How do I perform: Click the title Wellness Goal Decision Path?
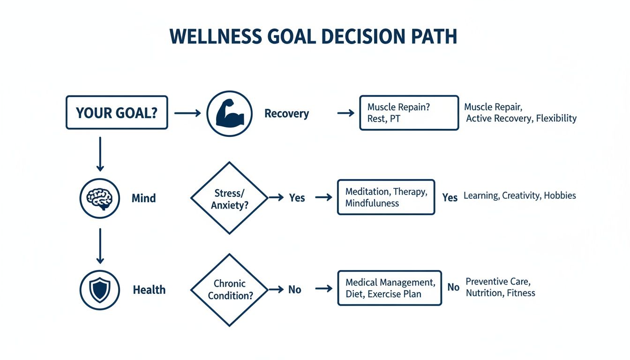(313, 37)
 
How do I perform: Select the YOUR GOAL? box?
(117, 112)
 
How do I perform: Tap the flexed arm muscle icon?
(229, 113)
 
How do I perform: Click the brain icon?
(99, 198)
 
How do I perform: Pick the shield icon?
(99, 290)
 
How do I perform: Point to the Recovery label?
(286, 113)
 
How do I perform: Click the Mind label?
(143, 198)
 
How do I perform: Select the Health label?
(149, 290)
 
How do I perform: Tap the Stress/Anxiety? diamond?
(229, 198)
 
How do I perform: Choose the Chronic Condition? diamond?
(229, 290)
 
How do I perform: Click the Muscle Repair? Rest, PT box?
(409, 113)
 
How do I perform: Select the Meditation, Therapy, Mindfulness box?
(386, 197)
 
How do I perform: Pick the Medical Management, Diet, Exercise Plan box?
(389, 288)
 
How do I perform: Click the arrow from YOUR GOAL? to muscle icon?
(187, 113)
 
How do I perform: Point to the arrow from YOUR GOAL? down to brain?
(99, 154)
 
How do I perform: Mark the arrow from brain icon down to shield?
(99, 246)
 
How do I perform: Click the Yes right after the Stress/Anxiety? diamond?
(297, 198)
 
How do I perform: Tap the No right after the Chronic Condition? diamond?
(294, 290)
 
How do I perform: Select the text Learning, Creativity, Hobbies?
(519, 195)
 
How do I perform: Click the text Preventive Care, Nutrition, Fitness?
(500, 287)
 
